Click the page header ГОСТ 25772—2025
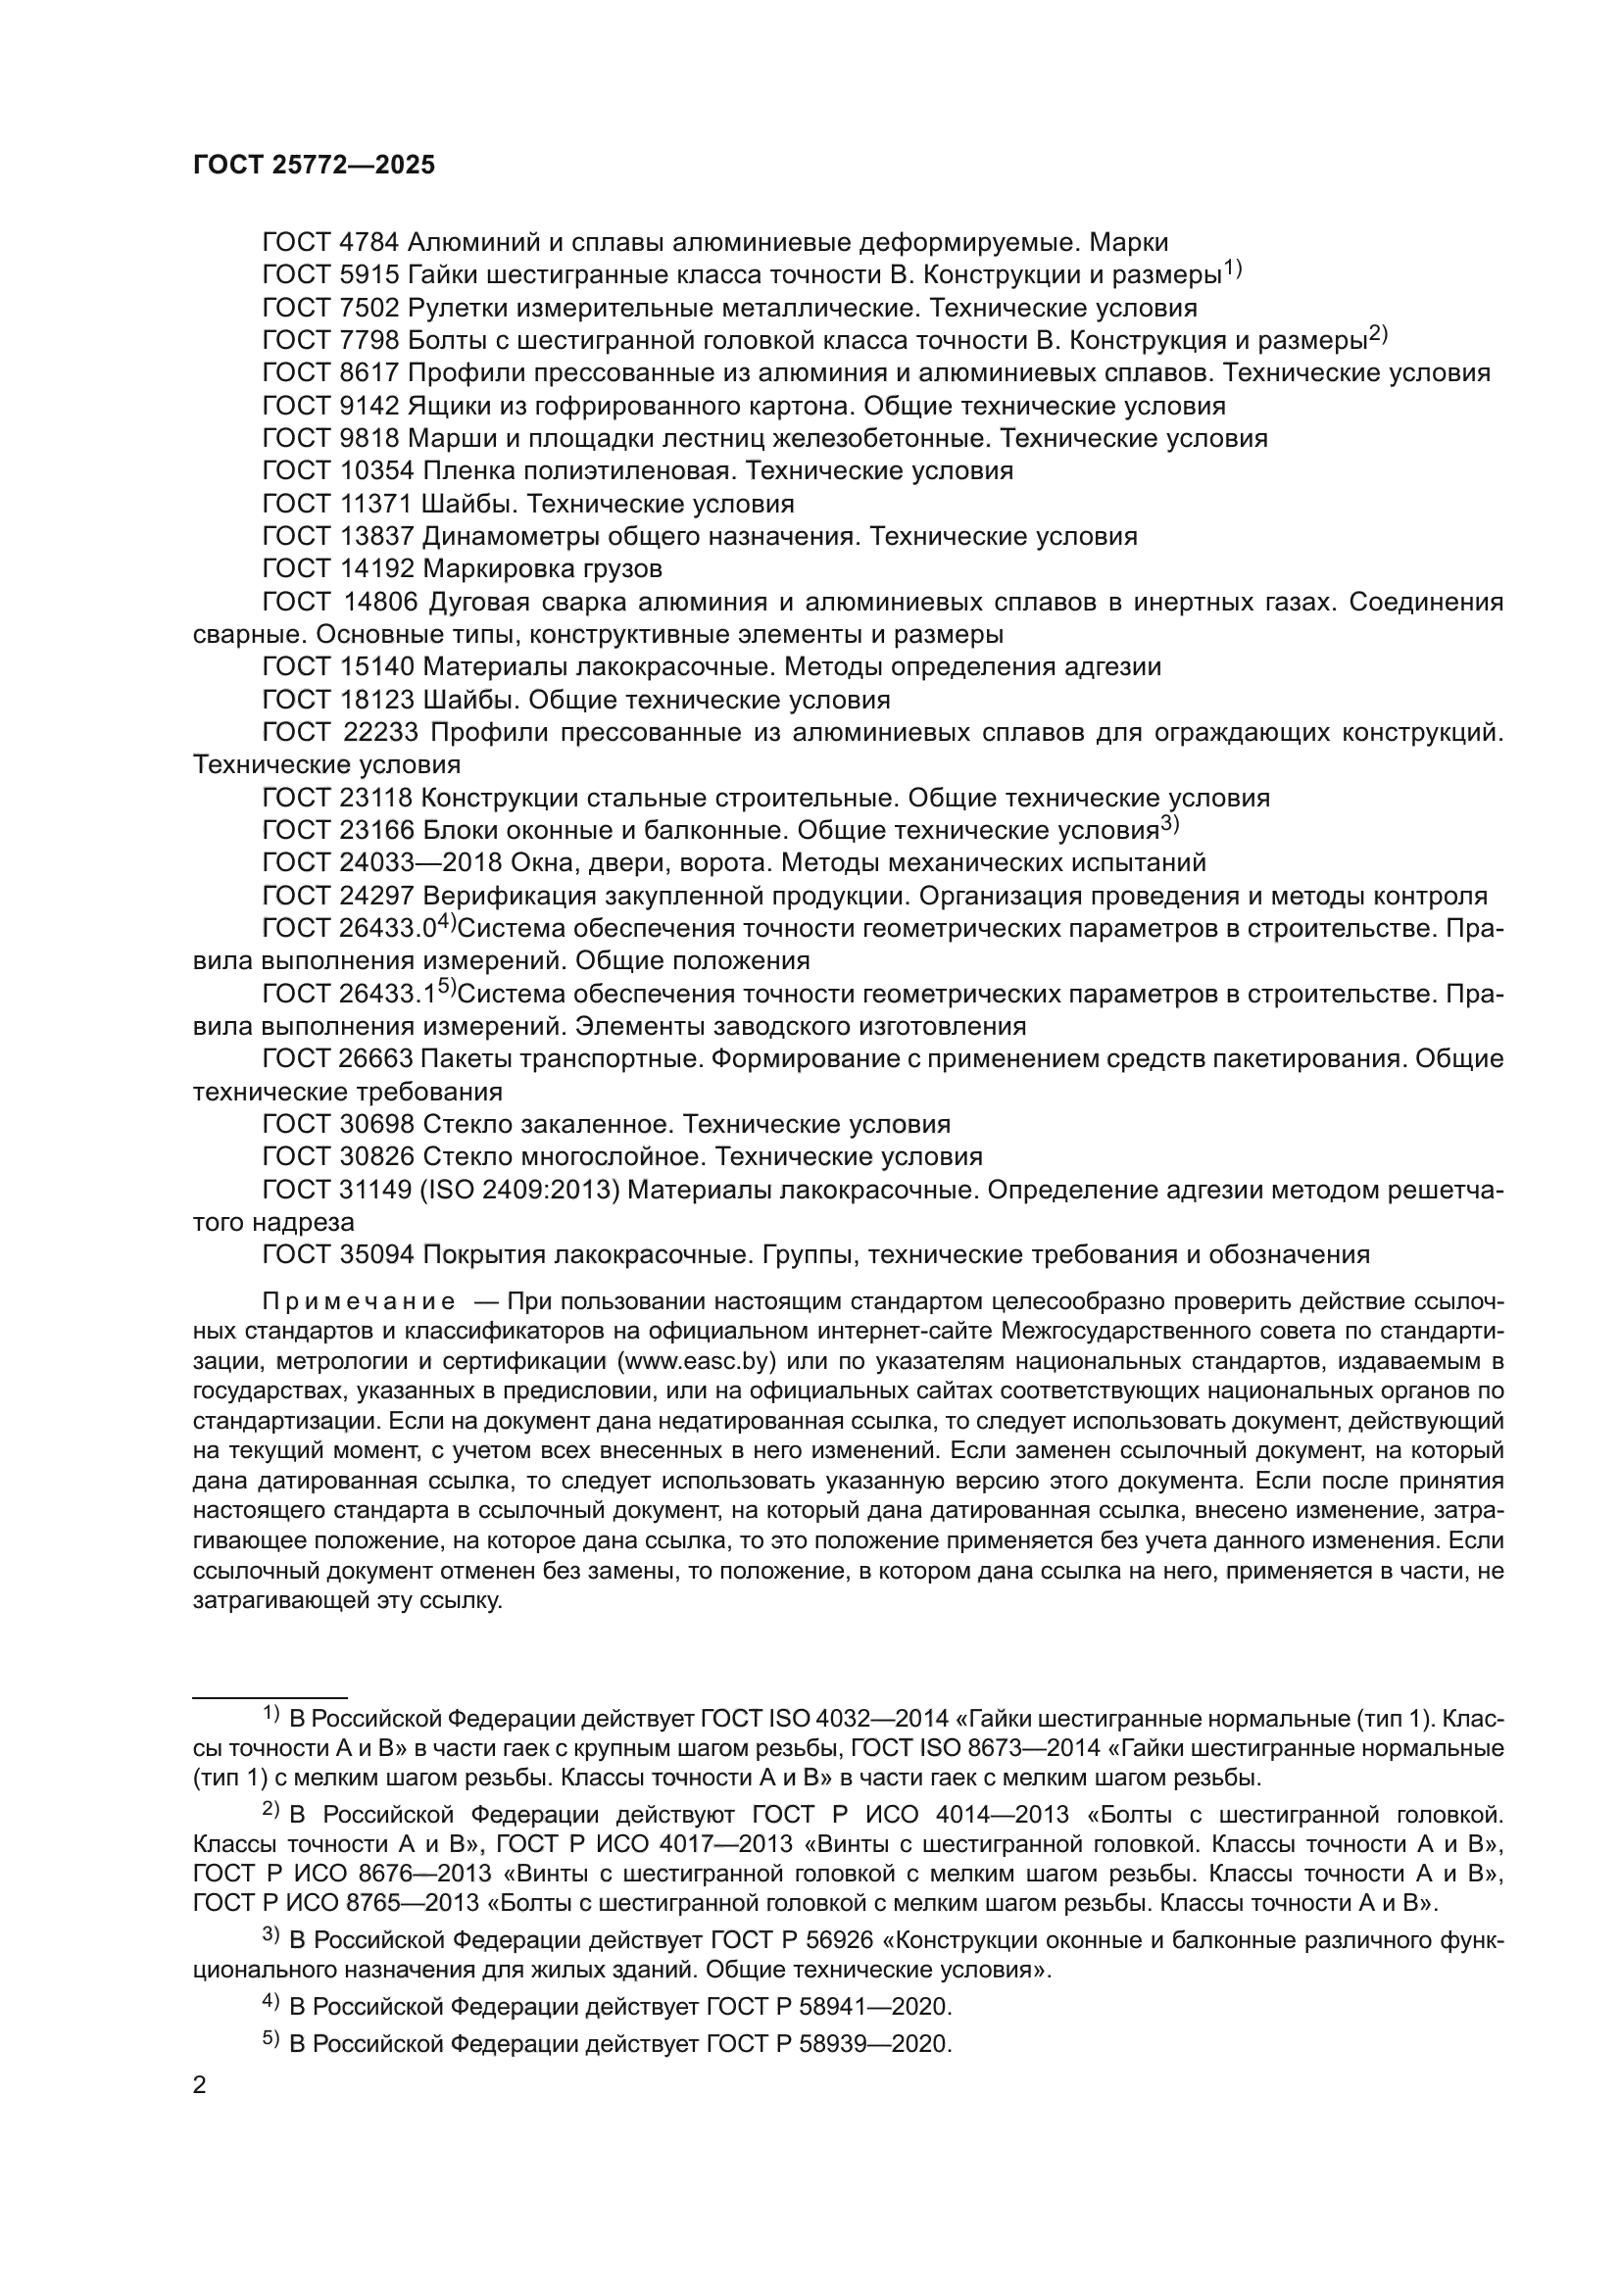click(x=314, y=166)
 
